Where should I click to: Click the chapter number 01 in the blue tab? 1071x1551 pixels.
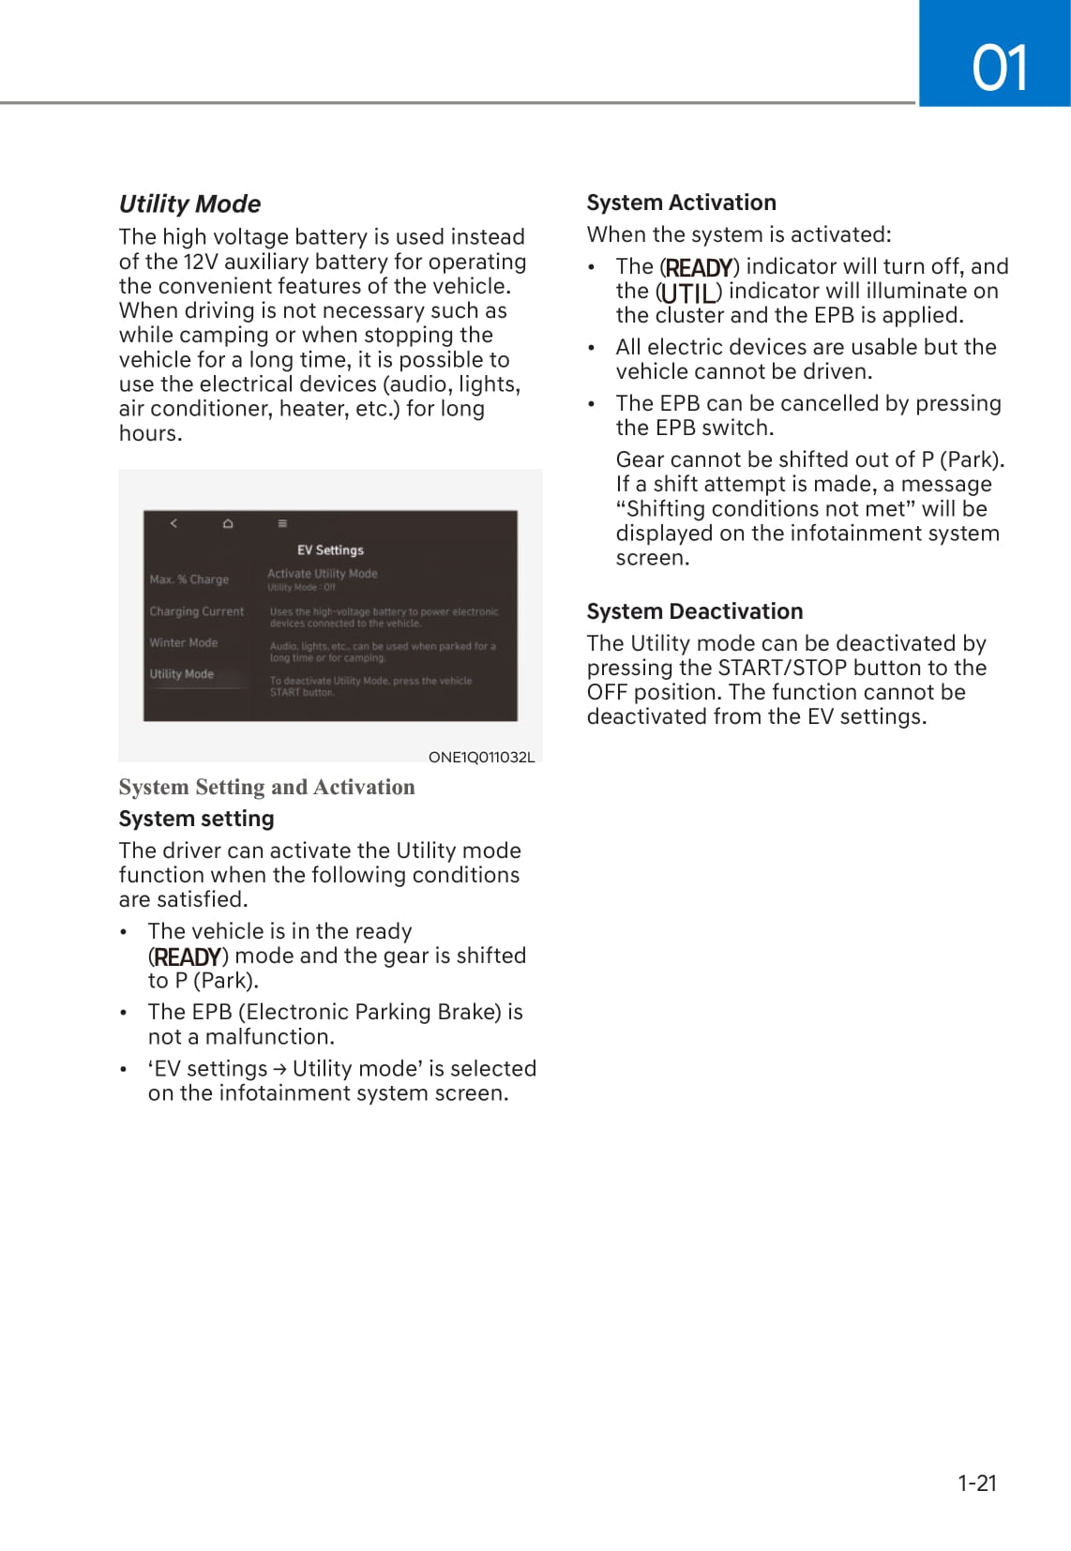pyautogui.click(x=1000, y=68)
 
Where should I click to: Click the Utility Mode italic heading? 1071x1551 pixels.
pyautogui.click(x=189, y=204)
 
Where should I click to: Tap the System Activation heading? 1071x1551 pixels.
pyautogui.click(x=681, y=203)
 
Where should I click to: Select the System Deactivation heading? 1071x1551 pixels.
pyautogui.click(x=694, y=611)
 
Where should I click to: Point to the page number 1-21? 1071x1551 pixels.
pyautogui.click(x=976, y=1483)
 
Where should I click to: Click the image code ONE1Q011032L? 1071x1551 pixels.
pyautogui.click(x=481, y=757)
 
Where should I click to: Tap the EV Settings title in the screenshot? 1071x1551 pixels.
pyautogui.click(x=330, y=550)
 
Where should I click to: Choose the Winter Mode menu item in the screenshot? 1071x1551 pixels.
pyautogui.click(x=184, y=642)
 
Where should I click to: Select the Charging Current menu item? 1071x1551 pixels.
pyautogui.click(x=196, y=611)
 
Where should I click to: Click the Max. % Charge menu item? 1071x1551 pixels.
pyautogui.click(x=189, y=580)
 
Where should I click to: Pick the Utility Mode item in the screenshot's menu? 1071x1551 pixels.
pyautogui.click(x=182, y=674)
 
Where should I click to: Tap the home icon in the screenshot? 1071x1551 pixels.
pyautogui.click(x=228, y=523)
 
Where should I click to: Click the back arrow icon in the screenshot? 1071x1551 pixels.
pyautogui.click(x=173, y=523)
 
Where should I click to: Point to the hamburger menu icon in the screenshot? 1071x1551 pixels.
pyautogui.click(x=282, y=523)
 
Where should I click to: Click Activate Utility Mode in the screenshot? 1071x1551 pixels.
pyautogui.click(x=323, y=574)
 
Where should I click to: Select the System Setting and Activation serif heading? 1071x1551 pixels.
pyautogui.click(x=266, y=787)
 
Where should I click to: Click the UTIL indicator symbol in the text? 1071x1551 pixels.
pyautogui.click(x=689, y=293)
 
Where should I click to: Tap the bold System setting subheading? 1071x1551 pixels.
pyautogui.click(x=196, y=819)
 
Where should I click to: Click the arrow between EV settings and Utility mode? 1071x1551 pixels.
pyautogui.click(x=279, y=1069)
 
